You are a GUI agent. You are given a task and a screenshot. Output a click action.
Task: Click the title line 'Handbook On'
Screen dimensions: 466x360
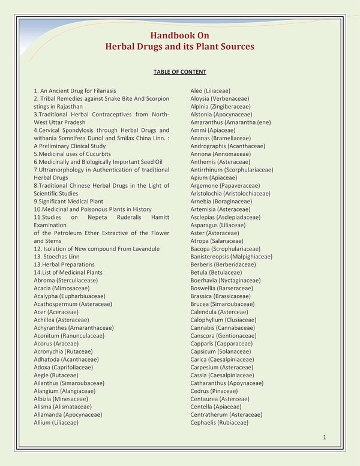pyautogui.click(x=180, y=35)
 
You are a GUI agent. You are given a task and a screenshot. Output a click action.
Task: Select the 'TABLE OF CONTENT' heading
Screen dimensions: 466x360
pyautogui.click(x=180, y=72)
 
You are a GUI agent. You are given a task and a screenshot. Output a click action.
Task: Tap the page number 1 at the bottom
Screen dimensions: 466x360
pyautogui.click(x=324, y=437)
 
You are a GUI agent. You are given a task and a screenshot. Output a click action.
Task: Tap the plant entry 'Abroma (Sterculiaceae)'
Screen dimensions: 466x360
pyautogui.click(x=65, y=280)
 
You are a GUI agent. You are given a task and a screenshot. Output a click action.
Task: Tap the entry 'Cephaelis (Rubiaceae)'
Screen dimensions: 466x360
pyautogui.click(x=219, y=423)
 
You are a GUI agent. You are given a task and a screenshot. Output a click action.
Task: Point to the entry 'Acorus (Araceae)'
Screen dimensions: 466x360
pyautogui.click(x=56, y=344)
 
